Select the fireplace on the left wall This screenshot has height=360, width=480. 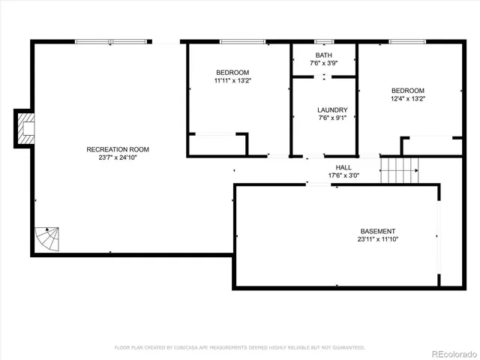pos(25,127)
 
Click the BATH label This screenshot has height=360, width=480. pos(323,55)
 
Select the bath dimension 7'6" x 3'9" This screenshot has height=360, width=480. pos(323,64)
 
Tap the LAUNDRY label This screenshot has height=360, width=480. pos(332,109)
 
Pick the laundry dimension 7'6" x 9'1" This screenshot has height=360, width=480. pos(332,118)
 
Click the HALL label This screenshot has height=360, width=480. pos(343,167)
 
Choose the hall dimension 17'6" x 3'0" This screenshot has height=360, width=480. pos(343,176)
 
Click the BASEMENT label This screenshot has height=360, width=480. pos(377,231)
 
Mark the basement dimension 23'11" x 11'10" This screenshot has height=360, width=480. pos(377,240)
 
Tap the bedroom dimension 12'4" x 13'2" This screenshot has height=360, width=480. pos(407,99)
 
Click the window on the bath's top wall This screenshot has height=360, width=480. pos(324,41)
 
